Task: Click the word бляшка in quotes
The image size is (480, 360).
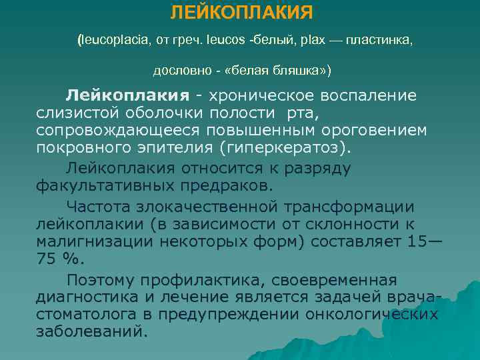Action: point(285,69)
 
